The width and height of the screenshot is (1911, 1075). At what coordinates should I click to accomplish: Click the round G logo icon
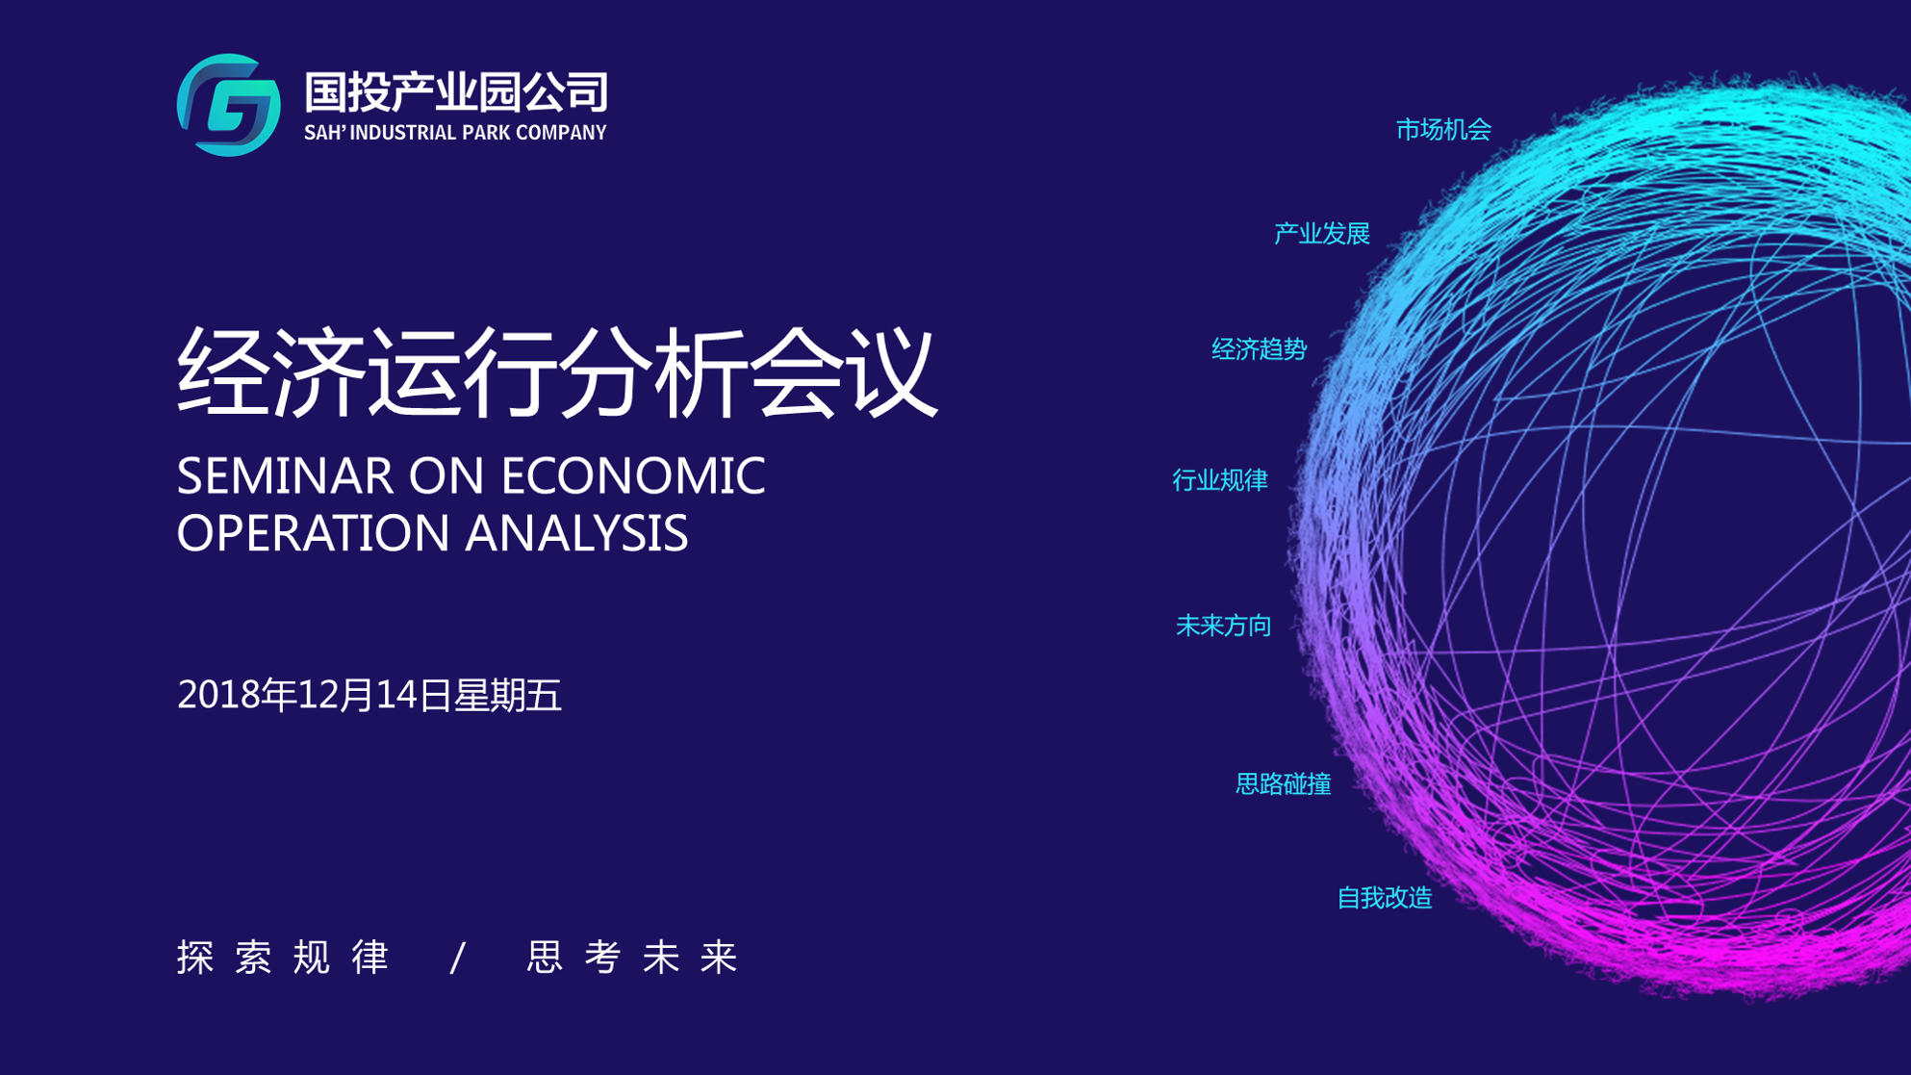[x=229, y=105]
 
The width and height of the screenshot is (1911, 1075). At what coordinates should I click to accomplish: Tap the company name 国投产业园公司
[x=456, y=92]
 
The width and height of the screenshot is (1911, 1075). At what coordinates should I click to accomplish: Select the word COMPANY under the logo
[x=561, y=133]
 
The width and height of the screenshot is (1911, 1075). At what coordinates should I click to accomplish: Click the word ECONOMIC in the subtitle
[x=633, y=475]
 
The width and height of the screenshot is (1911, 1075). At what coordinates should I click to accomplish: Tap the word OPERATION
[x=313, y=532]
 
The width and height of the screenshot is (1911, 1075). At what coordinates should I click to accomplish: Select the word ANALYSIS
[x=576, y=532]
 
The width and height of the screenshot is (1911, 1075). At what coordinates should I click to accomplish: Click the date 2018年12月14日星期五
[x=369, y=695]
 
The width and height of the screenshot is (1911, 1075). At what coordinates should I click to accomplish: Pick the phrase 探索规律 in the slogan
[x=283, y=957]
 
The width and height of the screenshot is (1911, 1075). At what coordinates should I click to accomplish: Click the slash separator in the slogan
[x=459, y=958]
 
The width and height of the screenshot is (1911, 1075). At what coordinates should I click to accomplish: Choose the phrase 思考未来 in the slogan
[x=632, y=957]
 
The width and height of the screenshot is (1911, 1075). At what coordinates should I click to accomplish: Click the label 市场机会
[x=1443, y=129]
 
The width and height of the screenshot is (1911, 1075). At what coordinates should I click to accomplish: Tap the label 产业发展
[x=1322, y=233]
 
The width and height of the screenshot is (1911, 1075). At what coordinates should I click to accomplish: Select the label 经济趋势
[x=1259, y=348]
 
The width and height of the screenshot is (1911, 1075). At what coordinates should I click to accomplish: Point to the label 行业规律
[x=1220, y=479]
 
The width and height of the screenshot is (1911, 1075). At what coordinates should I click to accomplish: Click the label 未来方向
[x=1224, y=626]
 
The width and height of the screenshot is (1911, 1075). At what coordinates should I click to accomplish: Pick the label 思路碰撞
[x=1284, y=783]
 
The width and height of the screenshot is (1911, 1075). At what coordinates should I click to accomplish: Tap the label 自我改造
[x=1385, y=897]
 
